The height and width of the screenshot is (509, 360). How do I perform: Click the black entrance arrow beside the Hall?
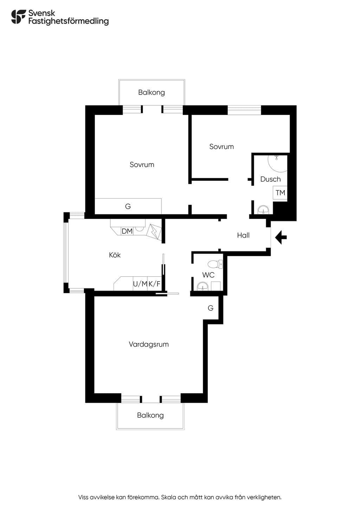point(281,237)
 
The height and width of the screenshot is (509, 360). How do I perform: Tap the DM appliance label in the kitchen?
point(127,231)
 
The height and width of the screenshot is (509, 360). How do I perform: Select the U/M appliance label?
point(140,284)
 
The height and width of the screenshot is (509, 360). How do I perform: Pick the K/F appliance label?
point(155,284)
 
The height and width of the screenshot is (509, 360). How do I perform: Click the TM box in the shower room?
point(280,193)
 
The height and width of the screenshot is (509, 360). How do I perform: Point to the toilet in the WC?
point(215,264)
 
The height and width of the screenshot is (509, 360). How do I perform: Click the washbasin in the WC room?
point(202,286)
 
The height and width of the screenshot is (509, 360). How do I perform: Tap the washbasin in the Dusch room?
point(263,210)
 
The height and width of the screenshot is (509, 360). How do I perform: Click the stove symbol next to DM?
point(154,232)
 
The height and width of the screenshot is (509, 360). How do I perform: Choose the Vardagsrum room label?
point(149,344)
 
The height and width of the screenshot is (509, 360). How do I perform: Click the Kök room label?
point(115,255)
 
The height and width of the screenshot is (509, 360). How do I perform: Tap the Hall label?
point(243,235)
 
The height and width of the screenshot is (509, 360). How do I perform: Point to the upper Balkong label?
point(152,92)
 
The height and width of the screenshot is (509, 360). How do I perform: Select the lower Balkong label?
point(150,415)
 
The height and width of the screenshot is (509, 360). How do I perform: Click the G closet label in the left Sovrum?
point(128,206)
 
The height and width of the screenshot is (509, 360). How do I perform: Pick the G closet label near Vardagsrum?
point(211,308)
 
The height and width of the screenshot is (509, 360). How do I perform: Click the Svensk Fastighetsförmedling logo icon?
point(19,17)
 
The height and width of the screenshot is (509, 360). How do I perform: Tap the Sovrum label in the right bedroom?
point(221,147)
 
